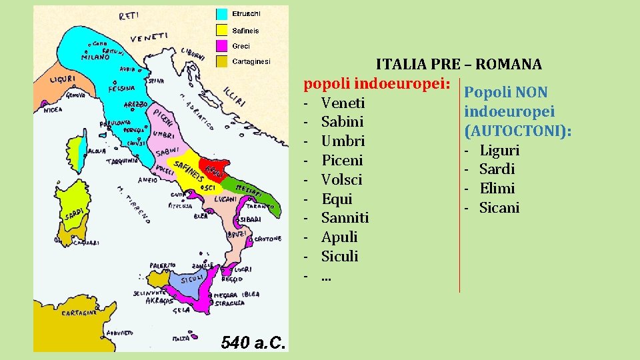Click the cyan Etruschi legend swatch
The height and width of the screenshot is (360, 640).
[223, 14]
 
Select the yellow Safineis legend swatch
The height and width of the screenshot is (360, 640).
[223, 30]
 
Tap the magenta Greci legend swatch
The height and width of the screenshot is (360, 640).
[223, 46]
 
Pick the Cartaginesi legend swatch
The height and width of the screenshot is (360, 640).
[223, 61]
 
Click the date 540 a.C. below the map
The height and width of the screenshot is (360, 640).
[253, 343]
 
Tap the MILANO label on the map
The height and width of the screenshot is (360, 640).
[95, 57]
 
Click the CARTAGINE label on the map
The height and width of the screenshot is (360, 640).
[79, 312]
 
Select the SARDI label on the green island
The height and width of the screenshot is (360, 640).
[73, 215]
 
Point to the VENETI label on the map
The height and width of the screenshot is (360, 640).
[149, 38]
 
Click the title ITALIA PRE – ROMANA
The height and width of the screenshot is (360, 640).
[459, 65]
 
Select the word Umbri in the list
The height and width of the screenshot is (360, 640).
[343, 141]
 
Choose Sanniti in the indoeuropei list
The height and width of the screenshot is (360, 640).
[345, 218]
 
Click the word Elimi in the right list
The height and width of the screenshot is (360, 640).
[497, 189]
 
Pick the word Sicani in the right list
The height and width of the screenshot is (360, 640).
[499, 208]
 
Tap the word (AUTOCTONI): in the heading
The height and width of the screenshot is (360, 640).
[517, 131]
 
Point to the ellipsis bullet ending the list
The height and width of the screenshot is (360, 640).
[326, 275]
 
